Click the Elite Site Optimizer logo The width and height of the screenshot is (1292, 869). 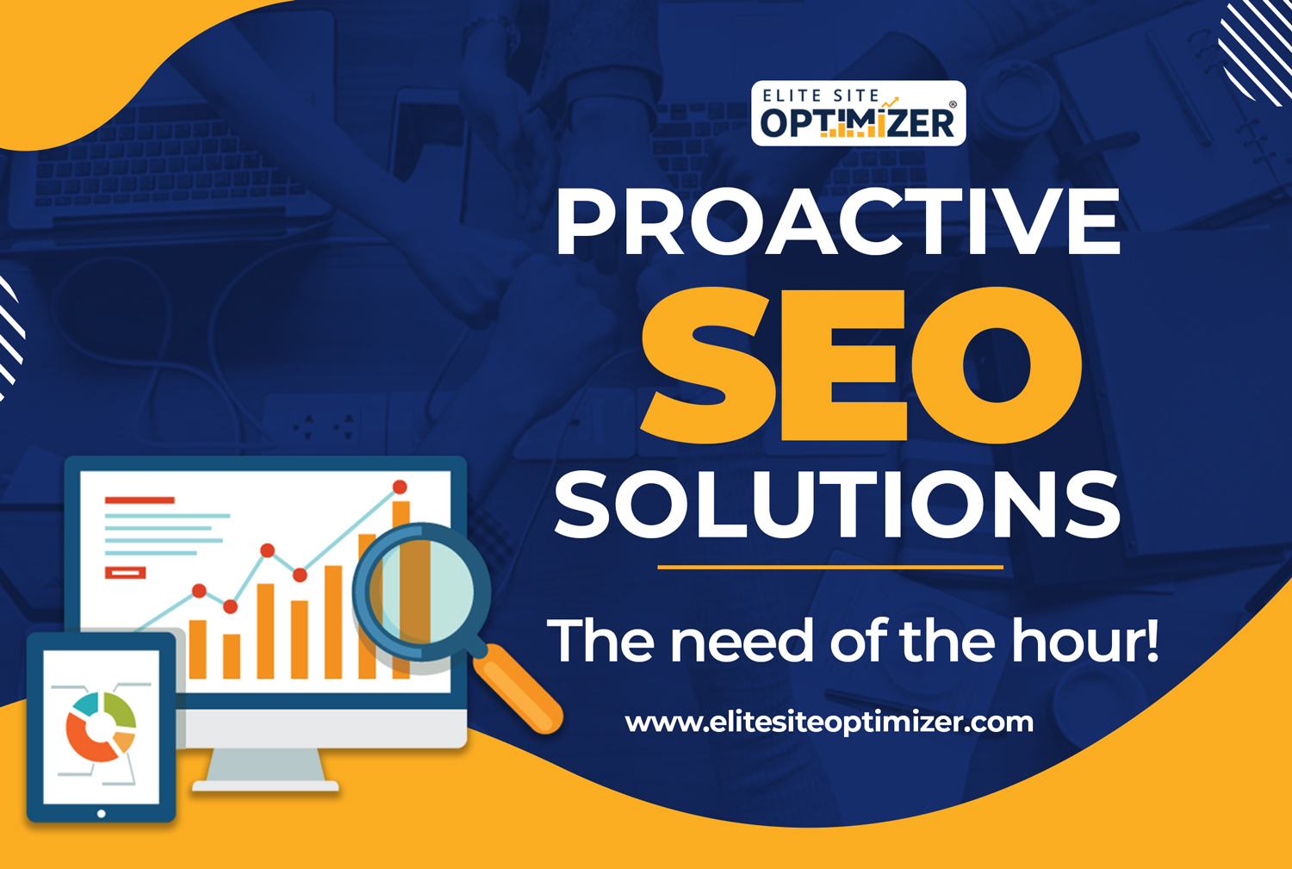858,113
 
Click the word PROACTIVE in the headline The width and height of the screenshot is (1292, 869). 838,221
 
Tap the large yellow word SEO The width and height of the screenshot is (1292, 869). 861,366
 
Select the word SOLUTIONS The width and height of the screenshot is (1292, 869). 837,505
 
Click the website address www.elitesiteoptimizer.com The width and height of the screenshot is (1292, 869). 829,723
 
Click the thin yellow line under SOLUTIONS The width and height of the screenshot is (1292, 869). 830,568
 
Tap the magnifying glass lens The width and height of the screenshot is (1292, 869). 422,591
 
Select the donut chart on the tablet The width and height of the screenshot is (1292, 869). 101,727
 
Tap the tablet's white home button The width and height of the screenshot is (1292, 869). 102,814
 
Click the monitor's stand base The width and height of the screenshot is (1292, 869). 265,786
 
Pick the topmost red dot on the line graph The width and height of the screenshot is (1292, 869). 400,487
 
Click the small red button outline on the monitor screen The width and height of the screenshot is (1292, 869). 125,573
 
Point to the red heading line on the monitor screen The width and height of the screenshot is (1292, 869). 140,500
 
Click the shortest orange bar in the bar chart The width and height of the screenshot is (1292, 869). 232,656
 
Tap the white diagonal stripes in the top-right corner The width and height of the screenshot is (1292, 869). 1258,52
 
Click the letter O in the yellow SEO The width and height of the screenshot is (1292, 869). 996,366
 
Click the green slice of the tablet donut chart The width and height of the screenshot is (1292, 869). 124,711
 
